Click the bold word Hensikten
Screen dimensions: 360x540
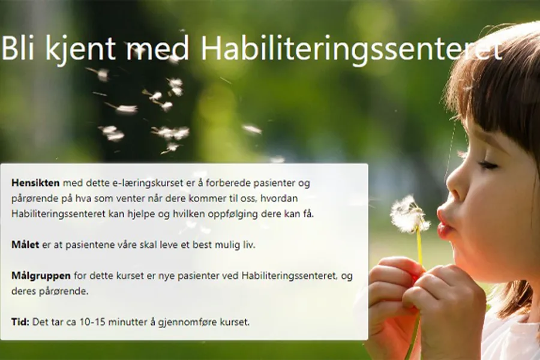coord(35,183)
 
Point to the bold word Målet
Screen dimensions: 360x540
coord(25,245)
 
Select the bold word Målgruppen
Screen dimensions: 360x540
coord(41,276)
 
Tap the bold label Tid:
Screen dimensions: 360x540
coord(20,322)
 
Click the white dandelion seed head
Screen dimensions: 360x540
coord(409,214)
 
